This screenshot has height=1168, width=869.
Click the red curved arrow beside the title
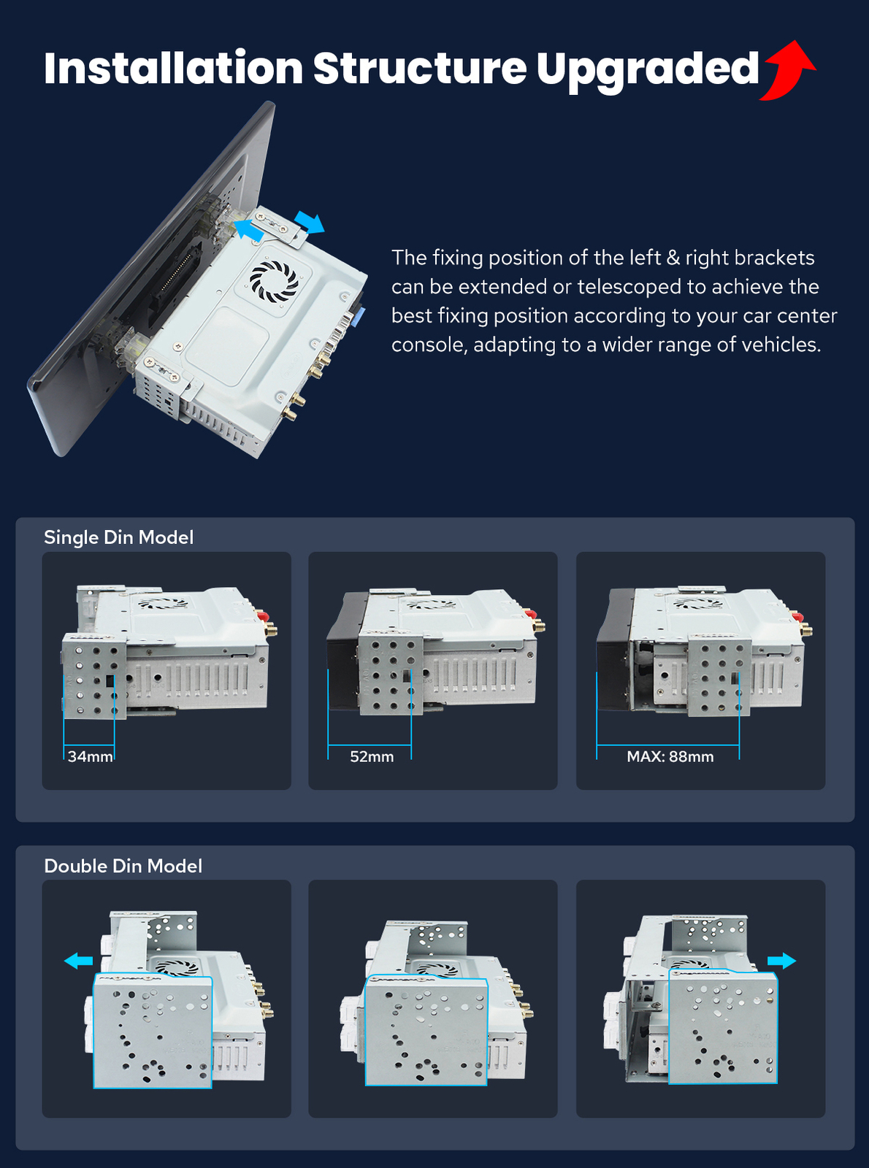[789, 71]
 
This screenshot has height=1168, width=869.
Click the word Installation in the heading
[173, 69]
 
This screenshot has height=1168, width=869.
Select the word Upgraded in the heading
[647, 72]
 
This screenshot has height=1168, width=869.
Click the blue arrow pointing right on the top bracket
[310, 222]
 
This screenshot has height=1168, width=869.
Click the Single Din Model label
[118, 537]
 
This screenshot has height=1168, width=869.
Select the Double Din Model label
[123, 866]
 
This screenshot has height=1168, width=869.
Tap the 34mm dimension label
[90, 756]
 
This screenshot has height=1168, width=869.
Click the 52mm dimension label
[372, 756]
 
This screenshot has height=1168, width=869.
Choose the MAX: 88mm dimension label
[670, 756]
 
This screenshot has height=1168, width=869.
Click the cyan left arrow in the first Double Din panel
[78, 961]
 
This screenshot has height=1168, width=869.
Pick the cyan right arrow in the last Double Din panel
[782, 961]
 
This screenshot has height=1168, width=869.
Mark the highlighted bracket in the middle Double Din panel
[426, 1030]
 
